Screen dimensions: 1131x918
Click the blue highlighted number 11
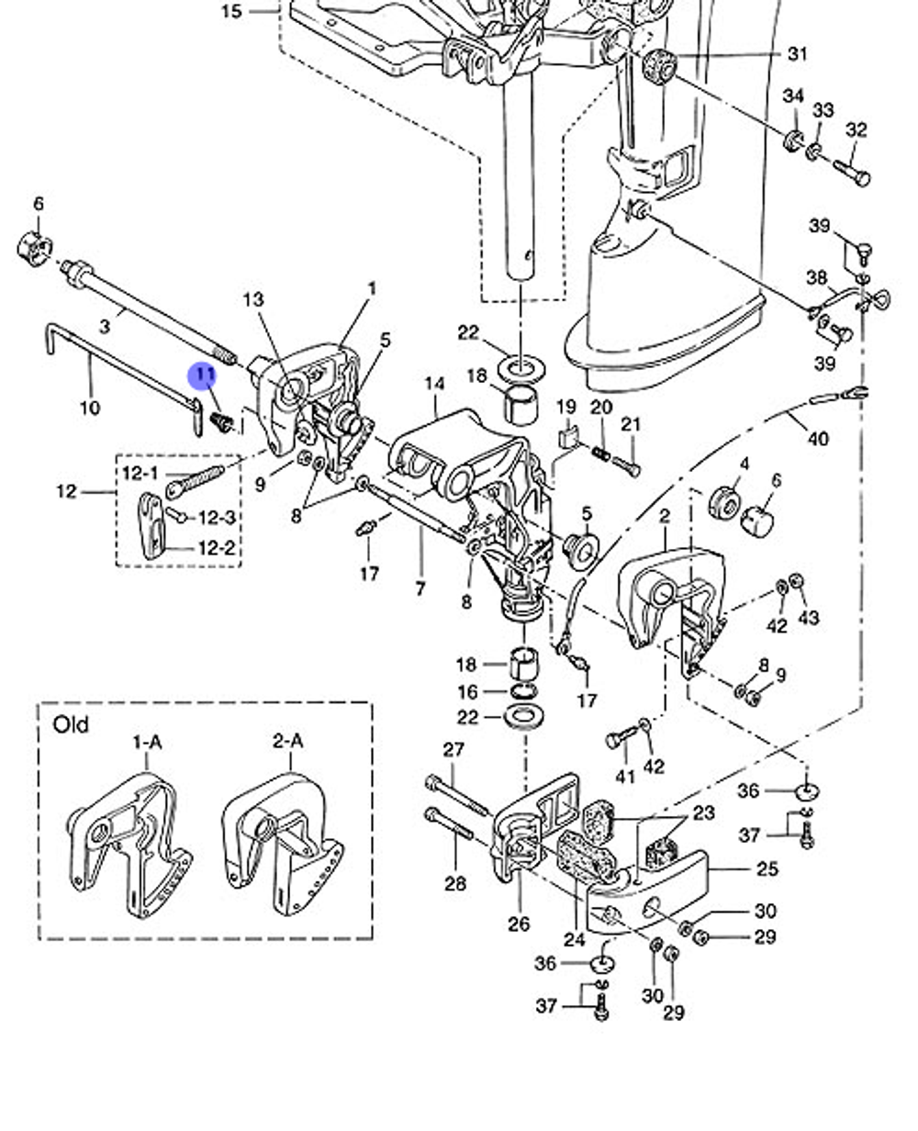click(203, 376)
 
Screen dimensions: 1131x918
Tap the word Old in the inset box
click(71, 724)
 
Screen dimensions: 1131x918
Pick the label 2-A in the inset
click(288, 740)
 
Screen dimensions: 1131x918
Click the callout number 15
click(232, 12)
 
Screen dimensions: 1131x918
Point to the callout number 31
click(798, 54)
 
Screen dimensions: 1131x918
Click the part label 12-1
click(140, 473)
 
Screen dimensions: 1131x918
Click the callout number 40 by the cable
click(817, 439)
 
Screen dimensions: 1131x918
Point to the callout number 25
click(767, 868)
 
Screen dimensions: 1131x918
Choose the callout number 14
click(434, 383)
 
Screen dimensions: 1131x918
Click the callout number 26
click(519, 924)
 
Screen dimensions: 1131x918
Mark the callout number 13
click(253, 299)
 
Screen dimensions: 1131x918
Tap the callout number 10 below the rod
click(90, 407)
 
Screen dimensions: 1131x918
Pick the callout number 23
click(703, 812)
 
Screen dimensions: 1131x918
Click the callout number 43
click(808, 618)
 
